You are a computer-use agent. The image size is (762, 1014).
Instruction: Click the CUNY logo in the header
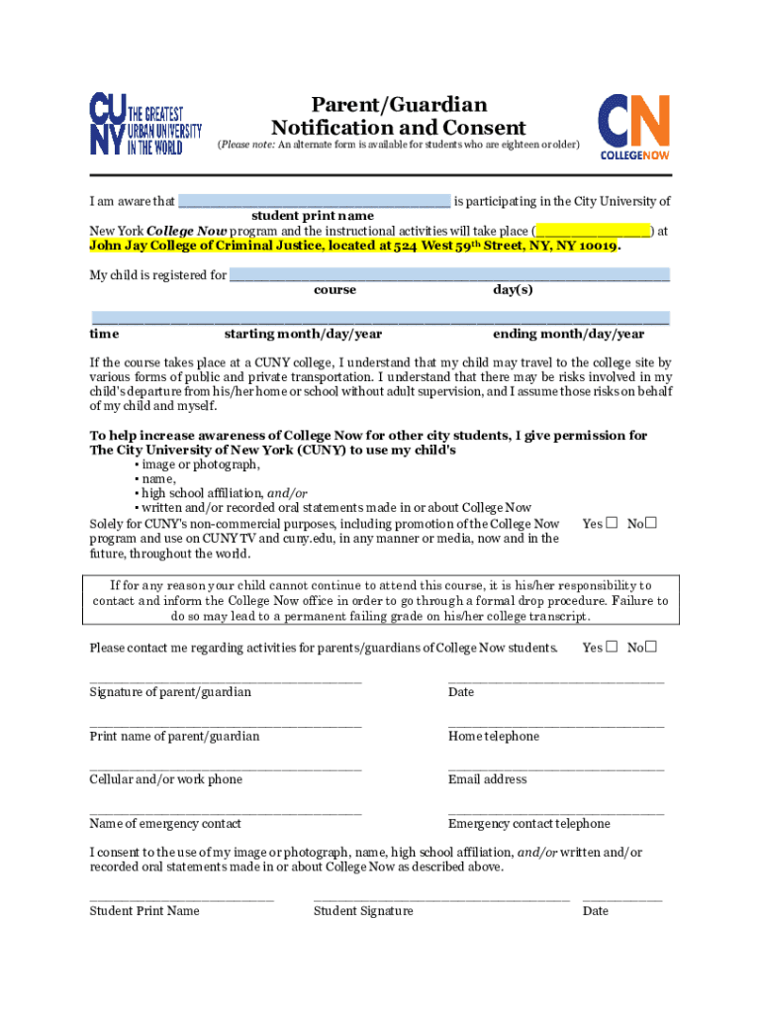click(x=145, y=123)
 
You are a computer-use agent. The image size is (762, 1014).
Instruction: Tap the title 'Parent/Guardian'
click(x=399, y=104)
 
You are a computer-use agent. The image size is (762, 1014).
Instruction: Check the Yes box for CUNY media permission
click(x=612, y=523)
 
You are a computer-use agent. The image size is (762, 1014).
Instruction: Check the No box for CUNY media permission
click(x=652, y=523)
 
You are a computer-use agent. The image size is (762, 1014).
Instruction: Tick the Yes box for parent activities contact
click(x=612, y=648)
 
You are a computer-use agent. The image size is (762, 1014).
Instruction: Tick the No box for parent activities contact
click(x=652, y=648)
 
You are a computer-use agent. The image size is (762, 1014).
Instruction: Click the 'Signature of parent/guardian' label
click(x=170, y=692)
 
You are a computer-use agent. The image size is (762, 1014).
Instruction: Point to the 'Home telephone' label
click(x=494, y=736)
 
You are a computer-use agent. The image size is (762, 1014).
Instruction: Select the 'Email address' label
click(x=488, y=779)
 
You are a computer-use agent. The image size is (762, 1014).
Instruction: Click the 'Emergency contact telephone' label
click(x=529, y=824)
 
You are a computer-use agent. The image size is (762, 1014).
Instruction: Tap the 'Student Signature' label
click(x=363, y=911)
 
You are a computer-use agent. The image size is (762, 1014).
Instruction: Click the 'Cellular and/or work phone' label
click(x=166, y=779)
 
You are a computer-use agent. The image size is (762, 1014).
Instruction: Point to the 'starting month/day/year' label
click(x=303, y=335)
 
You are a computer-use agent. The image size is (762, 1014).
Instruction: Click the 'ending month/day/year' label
click(x=569, y=335)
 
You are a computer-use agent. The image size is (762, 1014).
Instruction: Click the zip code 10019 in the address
click(x=596, y=246)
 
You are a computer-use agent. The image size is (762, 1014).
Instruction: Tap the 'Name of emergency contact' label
click(x=165, y=824)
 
